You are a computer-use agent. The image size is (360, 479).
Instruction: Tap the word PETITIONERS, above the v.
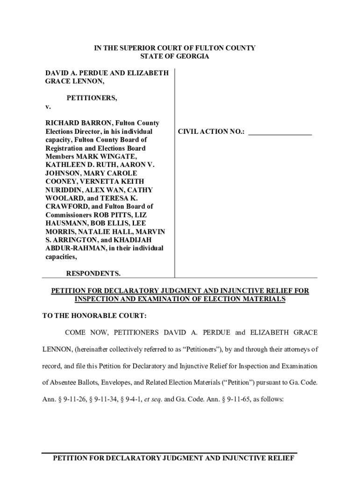[x=92, y=98]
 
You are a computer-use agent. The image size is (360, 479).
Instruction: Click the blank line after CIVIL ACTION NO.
[x=280, y=132]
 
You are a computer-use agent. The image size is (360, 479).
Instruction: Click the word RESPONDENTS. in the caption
[x=93, y=273]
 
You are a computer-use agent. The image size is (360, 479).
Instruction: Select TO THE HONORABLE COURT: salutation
[x=94, y=316]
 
